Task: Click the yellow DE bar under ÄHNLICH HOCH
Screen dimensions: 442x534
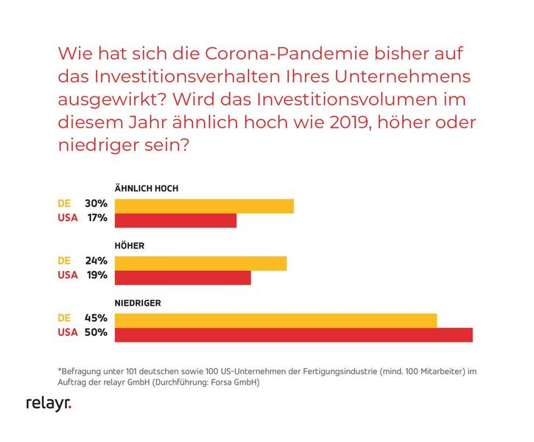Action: point(204,206)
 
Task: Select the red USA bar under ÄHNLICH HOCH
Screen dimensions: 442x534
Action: point(175,220)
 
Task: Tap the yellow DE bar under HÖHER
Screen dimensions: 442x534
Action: point(200,263)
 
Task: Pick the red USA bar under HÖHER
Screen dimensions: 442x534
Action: point(183,278)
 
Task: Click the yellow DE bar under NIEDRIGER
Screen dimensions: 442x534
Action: point(275,320)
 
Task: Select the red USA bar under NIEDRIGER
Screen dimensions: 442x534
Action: point(293,335)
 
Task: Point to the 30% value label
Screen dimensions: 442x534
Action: point(96,204)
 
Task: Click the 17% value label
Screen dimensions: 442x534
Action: point(96,218)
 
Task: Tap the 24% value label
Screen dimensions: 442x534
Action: point(96,261)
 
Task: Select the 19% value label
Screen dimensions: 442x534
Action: point(96,276)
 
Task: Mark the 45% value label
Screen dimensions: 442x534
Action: point(96,318)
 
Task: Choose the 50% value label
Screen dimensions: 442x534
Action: point(96,333)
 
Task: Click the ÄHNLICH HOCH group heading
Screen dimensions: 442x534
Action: point(147,189)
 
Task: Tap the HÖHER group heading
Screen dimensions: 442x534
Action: point(130,246)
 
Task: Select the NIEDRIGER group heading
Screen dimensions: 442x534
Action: point(138,303)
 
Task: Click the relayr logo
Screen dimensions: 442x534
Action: point(49,404)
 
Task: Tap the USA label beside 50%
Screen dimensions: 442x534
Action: point(67,333)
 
